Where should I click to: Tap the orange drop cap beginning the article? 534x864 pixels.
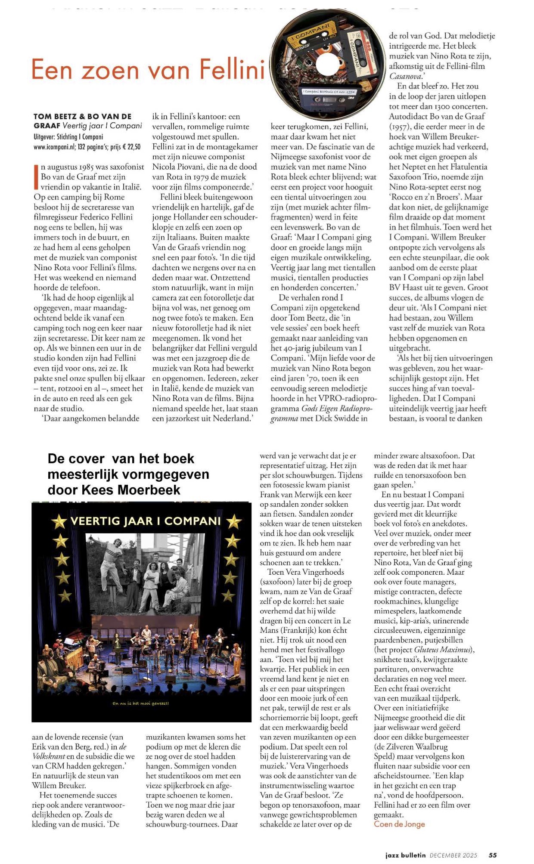[x=36, y=177]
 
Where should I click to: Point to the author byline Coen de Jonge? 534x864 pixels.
[x=399, y=824]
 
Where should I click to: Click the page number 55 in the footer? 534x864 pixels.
[x=493, y=855]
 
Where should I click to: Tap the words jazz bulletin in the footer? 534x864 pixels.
[x=405, y=855]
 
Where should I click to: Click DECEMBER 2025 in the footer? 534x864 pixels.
[x=453, y=855]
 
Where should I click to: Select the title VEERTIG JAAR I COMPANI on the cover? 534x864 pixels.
[x=146, y=521]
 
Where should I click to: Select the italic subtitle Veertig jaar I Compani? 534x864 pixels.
[x=102, y=126]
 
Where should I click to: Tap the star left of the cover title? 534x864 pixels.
[x=59, y=522]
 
